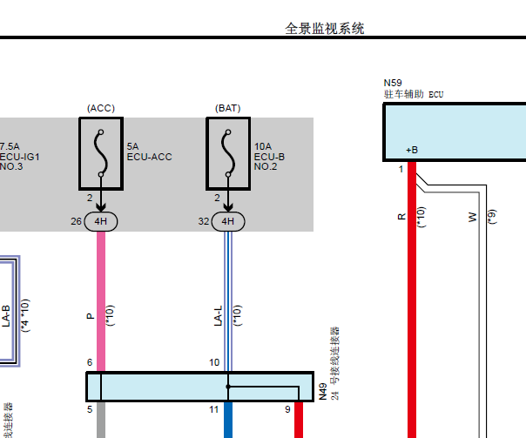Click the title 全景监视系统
coord(325,29)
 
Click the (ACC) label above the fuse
coord(100,108)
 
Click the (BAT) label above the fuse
coord(227,108)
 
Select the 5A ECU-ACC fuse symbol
coord(101,153)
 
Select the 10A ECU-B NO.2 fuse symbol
coord(228,153)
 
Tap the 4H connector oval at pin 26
coord(101,221)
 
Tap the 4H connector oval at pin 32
coord(228,221)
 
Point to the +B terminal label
coord(412,150)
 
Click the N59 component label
coord(394,81)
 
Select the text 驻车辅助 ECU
coord(414,93)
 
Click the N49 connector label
coord(322,392)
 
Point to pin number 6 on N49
coord(90,362)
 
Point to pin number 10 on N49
coord(214,362)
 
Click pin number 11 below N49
coord(214,408)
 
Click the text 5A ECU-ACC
coord(149,152)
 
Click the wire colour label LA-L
coord(219,314)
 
